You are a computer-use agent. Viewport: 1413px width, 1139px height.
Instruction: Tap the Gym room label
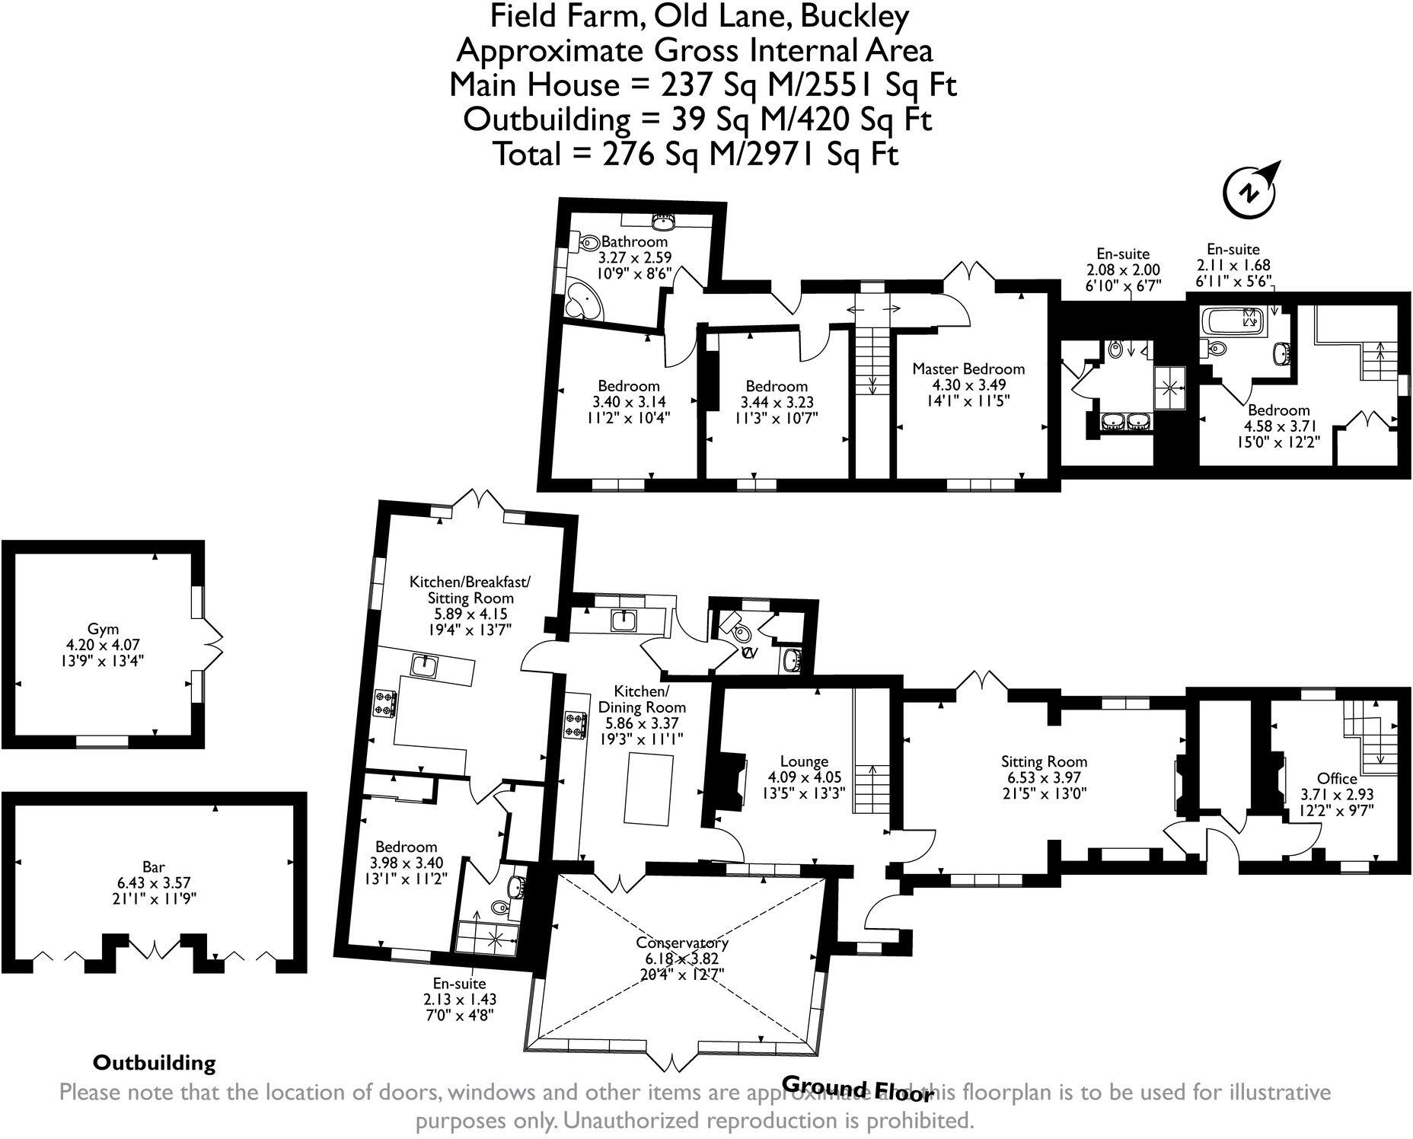point(103,629)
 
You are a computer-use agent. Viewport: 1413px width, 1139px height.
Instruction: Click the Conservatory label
point(682,943)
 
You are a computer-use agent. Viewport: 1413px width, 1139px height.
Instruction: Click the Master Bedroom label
point(968,369)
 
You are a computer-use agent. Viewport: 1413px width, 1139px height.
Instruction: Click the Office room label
point(1337,778)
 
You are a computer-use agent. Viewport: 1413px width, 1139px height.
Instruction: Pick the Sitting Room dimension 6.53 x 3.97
point(1044,777)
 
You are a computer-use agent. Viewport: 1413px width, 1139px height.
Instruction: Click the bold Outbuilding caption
point(154,1063)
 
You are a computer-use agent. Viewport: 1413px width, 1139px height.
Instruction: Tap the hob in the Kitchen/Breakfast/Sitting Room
point(384,703)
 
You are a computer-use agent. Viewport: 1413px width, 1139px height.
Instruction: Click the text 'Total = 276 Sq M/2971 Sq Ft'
point(696,155)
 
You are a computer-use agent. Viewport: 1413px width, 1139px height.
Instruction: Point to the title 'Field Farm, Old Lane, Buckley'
point(699,16)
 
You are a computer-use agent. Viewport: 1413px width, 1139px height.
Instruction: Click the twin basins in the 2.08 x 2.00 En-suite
point(1127,420)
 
